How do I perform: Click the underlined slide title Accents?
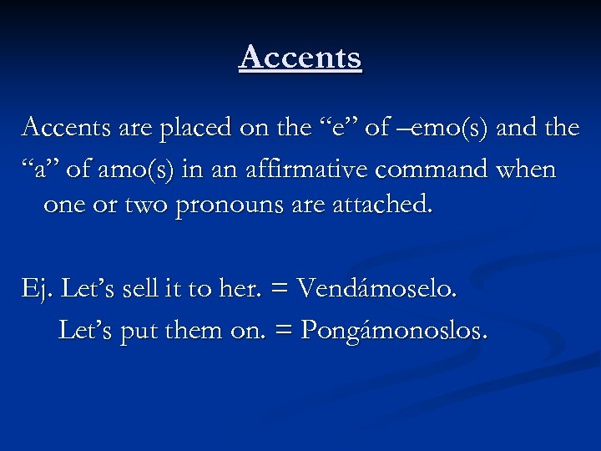point(300,58)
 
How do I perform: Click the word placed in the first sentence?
point(199,128)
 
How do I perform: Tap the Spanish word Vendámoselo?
point(377,290)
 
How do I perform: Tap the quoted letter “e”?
point(341,128)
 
